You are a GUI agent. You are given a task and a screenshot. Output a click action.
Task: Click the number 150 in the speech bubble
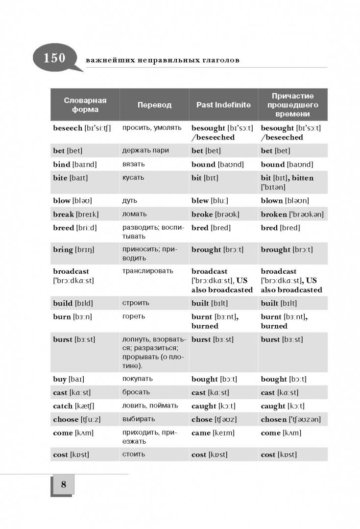(54, 58)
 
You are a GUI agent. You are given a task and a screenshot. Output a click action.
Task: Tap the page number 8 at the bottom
(63, 485)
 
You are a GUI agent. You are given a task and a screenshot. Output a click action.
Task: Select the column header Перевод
(154, 105)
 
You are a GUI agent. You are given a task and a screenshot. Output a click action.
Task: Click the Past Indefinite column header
(223, 105)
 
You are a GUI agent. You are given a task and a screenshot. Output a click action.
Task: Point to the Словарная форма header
(85, 105)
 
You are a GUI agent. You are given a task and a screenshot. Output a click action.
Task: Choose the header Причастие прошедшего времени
(292, 105)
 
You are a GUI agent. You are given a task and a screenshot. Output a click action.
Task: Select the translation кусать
(133, 177)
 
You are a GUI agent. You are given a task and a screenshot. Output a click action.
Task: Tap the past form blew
(200, 201)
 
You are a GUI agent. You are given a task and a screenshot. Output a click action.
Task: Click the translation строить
(136, 303)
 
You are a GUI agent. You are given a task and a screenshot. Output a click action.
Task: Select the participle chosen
(274, 419)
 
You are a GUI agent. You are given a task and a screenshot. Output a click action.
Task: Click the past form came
(201, 433)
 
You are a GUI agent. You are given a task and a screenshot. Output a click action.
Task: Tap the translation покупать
(138, 379)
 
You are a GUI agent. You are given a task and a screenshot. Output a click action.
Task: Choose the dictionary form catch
(63, 406)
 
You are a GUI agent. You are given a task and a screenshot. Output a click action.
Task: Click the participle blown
(272, 201)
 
